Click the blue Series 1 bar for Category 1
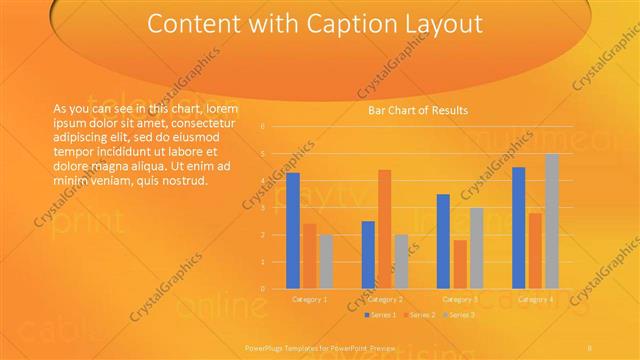(x=293, y=231)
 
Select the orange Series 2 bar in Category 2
(x=384, y=229)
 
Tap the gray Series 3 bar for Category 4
(x=552, y=221)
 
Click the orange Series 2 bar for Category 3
(x=460, y=264)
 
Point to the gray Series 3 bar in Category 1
(x=326, y=261)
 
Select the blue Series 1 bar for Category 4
(x=518, y=228)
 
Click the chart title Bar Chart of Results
(x=418, y=109)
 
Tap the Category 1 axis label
(x=309, y=299)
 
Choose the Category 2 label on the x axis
(x=385, y=299)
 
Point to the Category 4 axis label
(x=535, y=299)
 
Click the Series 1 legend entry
(x=385, y=315)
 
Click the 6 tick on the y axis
(x=262, y=127)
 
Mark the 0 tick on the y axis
(x=262, y=289)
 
